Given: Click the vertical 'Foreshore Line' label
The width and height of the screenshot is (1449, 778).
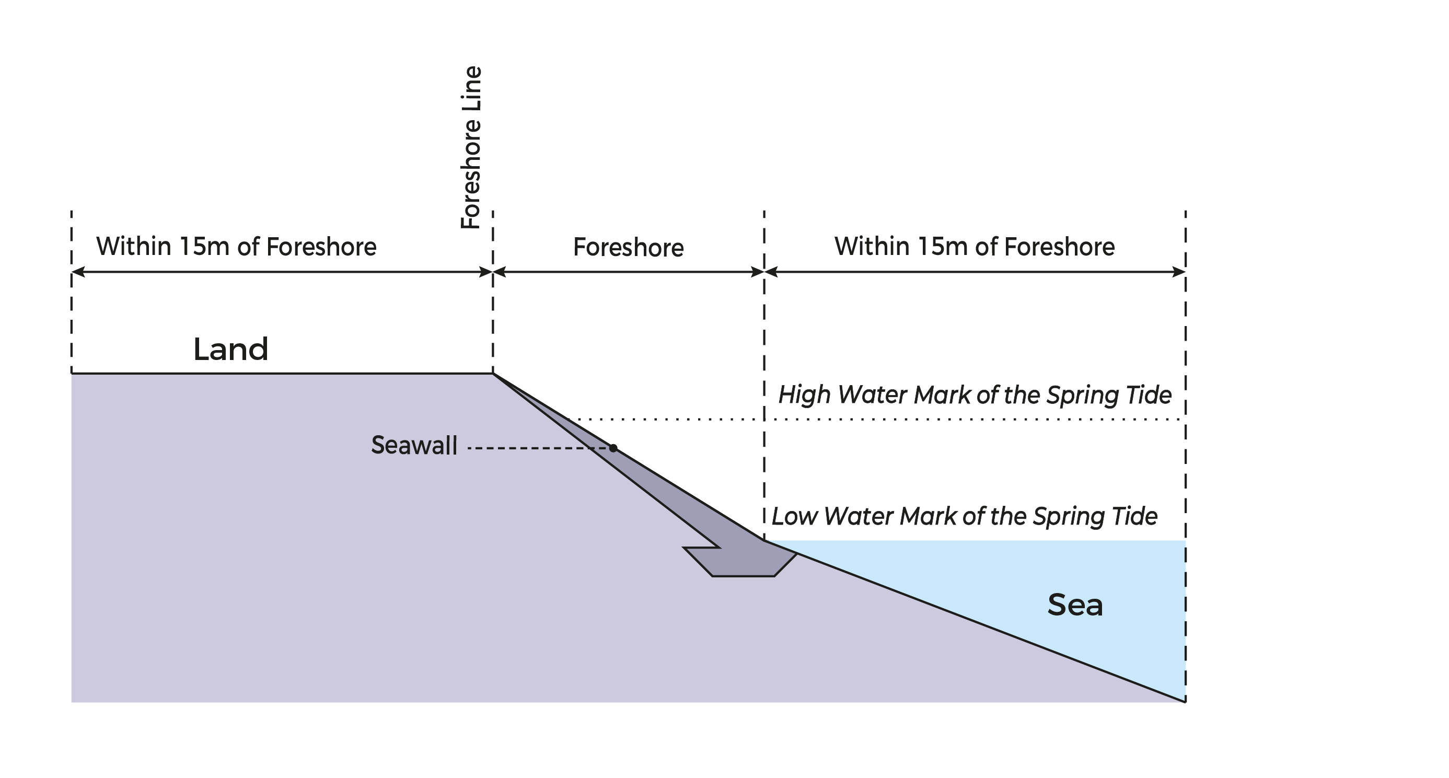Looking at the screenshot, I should point(471,147).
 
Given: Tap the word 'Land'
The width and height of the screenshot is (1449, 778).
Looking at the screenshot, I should point(230,350).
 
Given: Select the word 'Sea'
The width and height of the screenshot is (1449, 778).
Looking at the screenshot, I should point(1074,605).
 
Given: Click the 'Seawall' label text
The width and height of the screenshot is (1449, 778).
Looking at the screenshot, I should point(414,446).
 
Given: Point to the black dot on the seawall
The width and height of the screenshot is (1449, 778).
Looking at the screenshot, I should point(613,448).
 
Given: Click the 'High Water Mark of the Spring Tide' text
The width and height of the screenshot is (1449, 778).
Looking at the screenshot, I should point(974,395).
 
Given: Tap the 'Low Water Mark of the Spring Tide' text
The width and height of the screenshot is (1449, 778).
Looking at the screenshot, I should point(964,516).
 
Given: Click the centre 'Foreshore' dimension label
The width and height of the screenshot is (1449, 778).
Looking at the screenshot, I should point(628,248).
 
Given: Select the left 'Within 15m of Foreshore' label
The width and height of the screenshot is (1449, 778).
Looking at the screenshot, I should point(236,247).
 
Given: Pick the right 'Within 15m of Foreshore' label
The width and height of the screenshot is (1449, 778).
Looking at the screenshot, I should point(974,247).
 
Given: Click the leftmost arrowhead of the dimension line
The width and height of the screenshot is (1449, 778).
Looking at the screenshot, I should point(78,272).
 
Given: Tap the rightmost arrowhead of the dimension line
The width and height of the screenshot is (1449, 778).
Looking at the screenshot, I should point(1179,272).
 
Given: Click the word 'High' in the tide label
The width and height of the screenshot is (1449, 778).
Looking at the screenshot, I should point(804,395).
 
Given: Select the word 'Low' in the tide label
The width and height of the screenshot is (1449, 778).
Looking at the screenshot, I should point(794,516).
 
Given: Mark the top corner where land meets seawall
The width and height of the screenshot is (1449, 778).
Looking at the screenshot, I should point(493,373).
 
